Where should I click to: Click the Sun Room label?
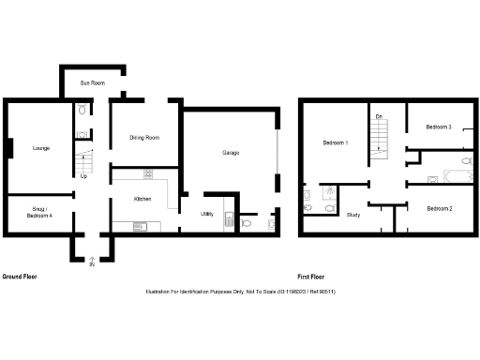pos(92,82)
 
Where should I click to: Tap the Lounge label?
pos(40,148)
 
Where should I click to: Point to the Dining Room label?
pos(144,138)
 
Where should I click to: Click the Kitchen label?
pos(142,199)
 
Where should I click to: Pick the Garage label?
pos(232,152)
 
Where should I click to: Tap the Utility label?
pos(207,215)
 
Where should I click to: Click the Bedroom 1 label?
pos(336,142)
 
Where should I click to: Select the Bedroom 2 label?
pos(440,208)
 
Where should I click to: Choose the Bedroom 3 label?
pos(439,127)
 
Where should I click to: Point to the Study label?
pos(353,215)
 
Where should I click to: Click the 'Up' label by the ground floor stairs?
pos(83,175)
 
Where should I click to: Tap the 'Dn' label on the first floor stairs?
pos(379,115)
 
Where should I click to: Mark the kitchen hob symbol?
pos(148,172)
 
